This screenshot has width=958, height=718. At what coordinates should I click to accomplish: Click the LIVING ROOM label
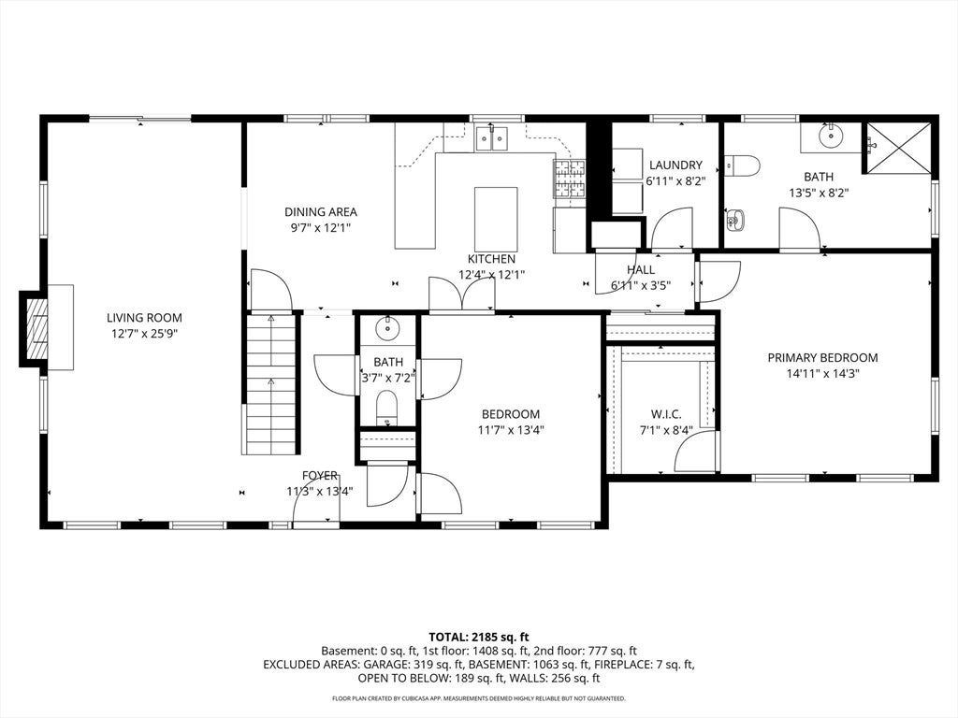(144, 318)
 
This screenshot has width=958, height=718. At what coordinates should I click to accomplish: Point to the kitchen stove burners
(570, 179)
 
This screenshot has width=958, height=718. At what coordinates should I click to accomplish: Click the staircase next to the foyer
(271, 383)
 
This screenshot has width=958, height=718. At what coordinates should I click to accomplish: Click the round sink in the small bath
(387, 329)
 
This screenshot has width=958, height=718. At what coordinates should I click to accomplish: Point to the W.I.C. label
(666, 414)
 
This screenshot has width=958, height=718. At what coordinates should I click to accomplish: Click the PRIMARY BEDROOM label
(822, 358)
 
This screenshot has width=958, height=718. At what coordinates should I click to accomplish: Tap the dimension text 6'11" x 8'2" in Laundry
(675, 180)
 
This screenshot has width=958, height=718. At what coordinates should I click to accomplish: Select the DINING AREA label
(321, 212)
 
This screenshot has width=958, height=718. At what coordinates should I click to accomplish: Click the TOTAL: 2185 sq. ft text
(479, 638)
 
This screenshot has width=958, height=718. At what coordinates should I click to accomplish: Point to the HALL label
(641, 270)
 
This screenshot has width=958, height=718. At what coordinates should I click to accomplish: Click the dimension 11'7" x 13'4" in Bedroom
(511, 430)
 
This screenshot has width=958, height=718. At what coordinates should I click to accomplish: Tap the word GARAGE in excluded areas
(386, 665)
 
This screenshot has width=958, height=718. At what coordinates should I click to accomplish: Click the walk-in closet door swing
(695, 451)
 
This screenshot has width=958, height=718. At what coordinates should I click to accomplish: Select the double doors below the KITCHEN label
(462, 294)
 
